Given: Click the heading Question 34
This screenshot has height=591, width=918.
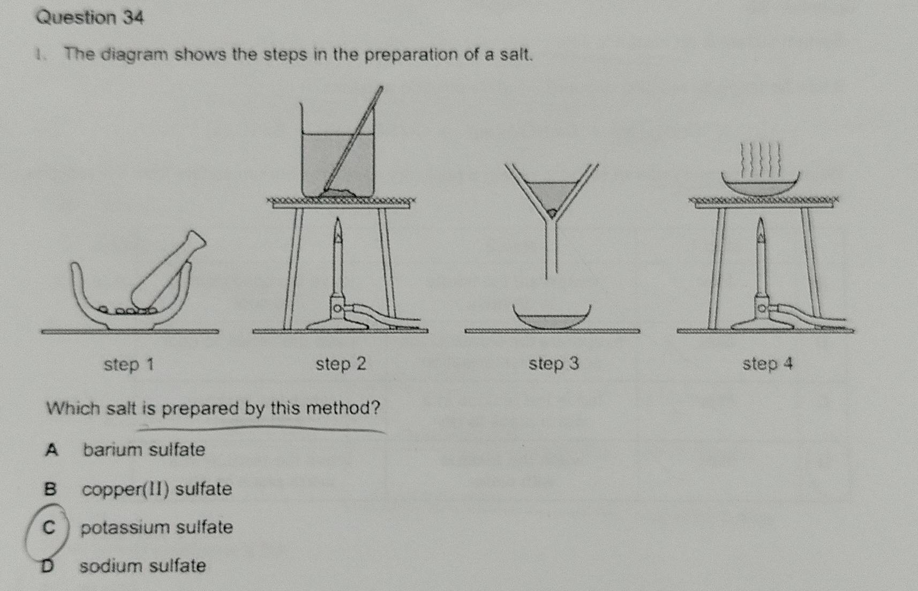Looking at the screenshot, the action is point(90,18).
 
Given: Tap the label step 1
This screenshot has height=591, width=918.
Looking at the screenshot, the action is point(129,364).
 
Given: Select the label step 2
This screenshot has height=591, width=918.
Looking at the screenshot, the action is point(341,363).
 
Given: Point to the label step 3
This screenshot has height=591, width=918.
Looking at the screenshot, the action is point(554,363).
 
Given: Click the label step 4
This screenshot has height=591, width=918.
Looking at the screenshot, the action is point(767,363).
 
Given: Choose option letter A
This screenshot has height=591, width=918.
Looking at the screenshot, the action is point(51,450).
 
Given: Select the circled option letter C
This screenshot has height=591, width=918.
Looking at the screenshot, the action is point(49,527).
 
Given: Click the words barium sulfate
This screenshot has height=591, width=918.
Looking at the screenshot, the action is point(144,450).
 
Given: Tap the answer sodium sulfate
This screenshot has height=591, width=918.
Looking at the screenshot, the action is point(142,566).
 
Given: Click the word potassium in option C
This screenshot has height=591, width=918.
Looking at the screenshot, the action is point(125,528).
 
